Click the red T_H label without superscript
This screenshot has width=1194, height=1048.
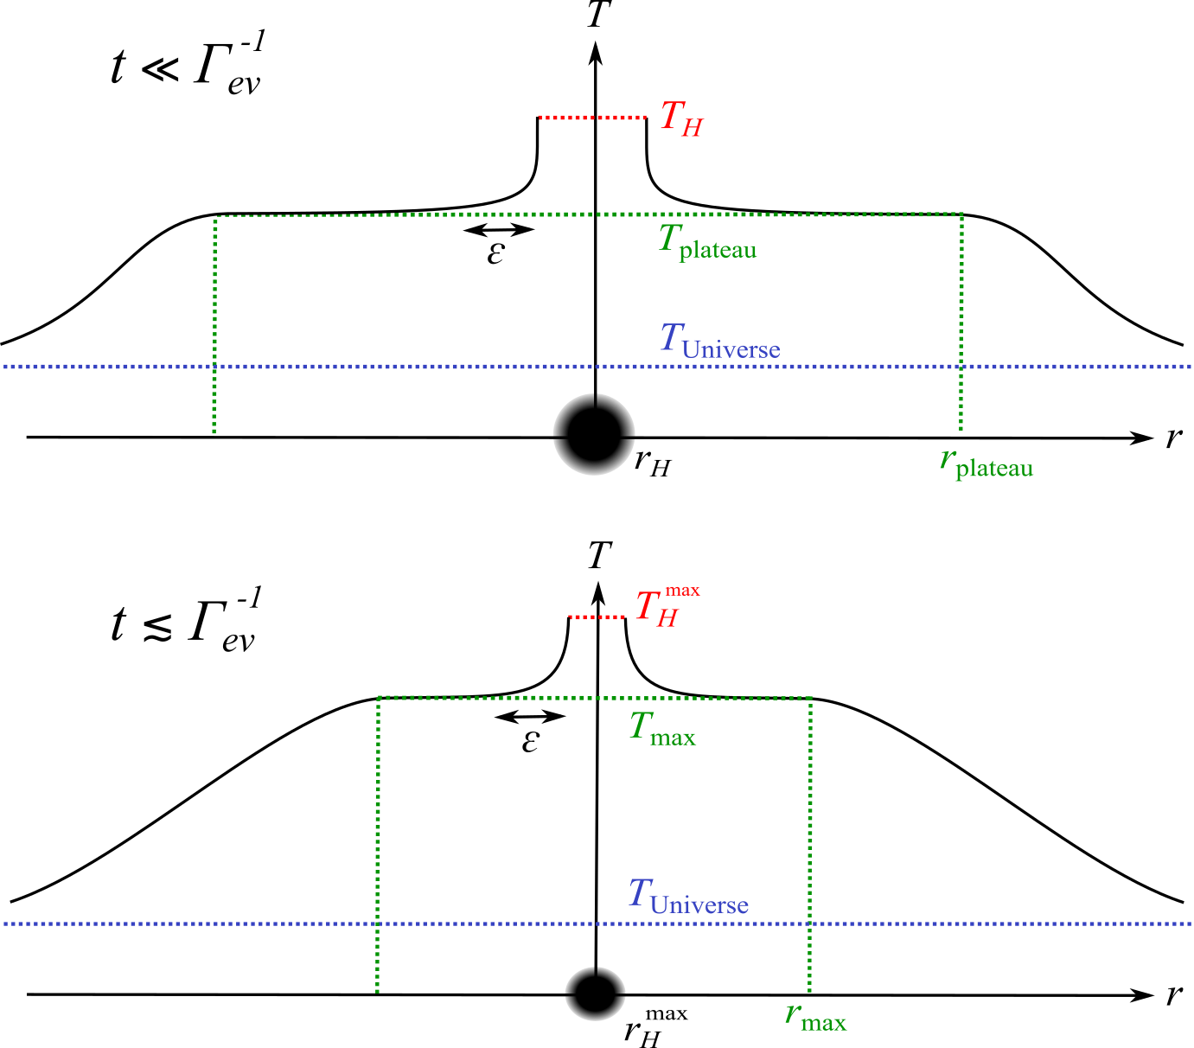pos(681,118)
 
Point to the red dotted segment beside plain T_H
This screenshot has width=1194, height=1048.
pos(592,118)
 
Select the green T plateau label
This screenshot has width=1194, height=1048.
pos(707,241)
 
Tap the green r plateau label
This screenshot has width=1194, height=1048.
pos(986,463)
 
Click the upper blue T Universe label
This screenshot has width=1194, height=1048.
pos(720,341)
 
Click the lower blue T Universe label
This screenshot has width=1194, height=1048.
pos(688,897)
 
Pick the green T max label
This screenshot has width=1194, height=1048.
pos(662,729)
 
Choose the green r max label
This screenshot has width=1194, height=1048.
pos(815,1016)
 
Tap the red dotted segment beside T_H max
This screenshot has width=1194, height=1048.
pos(597,617)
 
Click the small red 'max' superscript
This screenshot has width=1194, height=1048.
pos(682,591)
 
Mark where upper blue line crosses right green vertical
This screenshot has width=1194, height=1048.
pos(961,367)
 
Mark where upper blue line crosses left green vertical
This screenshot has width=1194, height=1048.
pos(214,367)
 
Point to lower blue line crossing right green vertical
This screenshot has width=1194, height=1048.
pos(810,923)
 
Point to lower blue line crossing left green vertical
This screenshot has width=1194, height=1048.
pos(378,923)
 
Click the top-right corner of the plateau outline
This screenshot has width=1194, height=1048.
pos(961,214)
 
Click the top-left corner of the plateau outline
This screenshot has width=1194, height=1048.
pos(214,216)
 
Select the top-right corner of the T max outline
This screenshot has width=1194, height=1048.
pos(810,697)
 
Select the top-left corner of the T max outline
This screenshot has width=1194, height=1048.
pos(379,697)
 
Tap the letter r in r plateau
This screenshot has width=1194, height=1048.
pos(947,459)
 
